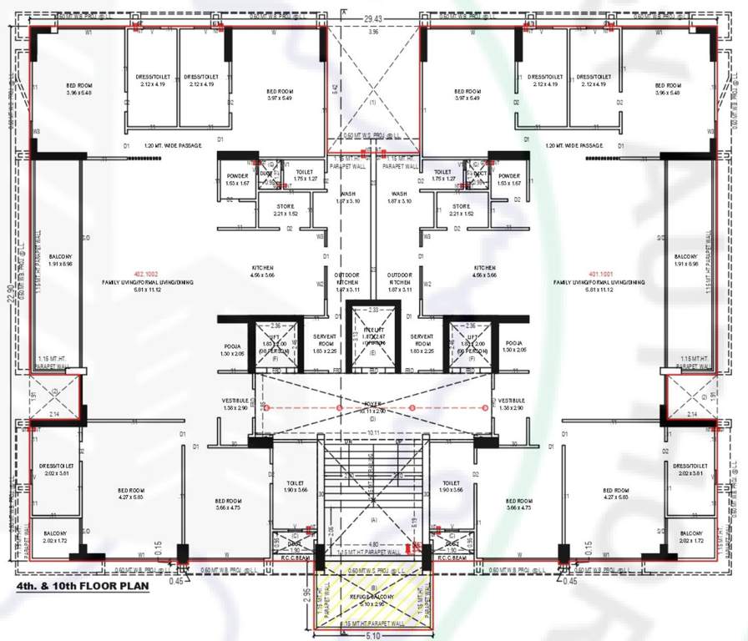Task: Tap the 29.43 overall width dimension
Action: [x=373, y=18]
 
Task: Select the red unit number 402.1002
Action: [x=145, y=272]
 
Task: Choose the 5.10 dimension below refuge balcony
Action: [x=373, y=633]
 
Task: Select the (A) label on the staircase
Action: [x=373, y=518]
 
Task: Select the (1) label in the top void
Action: [x=373, y=101]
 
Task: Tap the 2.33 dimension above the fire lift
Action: [x=373, y=310]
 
